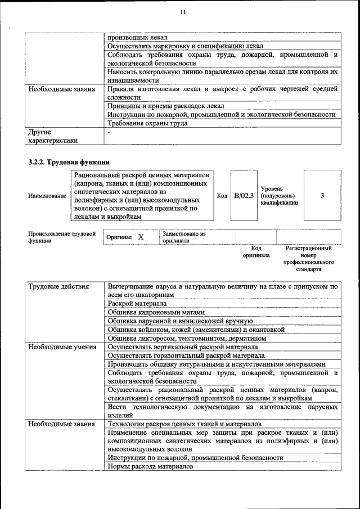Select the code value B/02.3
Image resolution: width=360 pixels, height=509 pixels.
pyautogui.click(x=244, y=195)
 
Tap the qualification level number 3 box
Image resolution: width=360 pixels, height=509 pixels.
pyautogui.click(x=322, y=195)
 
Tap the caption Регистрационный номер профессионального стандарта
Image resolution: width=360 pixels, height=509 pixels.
pyautogui.click(x=308, y=258)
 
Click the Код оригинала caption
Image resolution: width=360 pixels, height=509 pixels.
pyautogui.click(x=256, y=251)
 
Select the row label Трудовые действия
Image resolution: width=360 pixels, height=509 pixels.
pyautogui.click(x=58, y=287)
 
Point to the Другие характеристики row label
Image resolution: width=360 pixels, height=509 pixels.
pyautogui.click(x=53, y=136)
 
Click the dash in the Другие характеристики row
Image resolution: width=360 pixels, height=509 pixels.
pyautogui.click(x=109, y=132)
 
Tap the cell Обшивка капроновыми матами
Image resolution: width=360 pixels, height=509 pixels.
pyautogui.click(x=156, y=312)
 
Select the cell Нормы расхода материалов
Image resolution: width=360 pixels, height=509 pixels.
pyautogui.click(x=150, y=466)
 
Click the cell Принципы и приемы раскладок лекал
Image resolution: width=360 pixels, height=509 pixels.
pyautogui.click(x=166, y=106)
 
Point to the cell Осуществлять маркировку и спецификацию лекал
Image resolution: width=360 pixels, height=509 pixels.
pyautogui.click(x=185, y=46)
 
